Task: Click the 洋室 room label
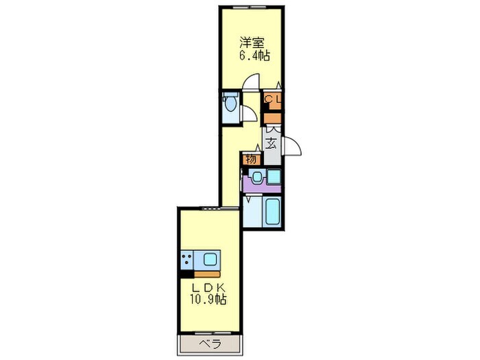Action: [252, 40]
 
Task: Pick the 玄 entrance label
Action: [272, 144]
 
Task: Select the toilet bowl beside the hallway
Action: [230, 104]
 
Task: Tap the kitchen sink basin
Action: [209, 260]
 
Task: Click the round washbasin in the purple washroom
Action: [256, 176]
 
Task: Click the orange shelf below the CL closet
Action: [273, 119]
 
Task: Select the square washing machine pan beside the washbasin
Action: [274, 176]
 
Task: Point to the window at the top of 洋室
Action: [250, 7]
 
